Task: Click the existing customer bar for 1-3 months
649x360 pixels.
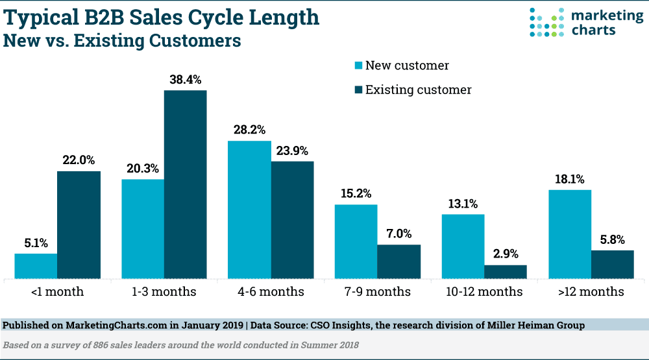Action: tap(185, 185)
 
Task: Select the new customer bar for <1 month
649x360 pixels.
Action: tap(36, 267)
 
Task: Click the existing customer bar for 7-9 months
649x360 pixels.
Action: tap(398, 262)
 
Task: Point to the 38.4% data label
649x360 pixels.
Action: tap(185, 80)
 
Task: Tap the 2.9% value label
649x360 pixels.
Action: tap(506, 254)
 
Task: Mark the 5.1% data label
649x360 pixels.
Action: tap(36, 243)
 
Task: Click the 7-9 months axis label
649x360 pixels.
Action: tap(378, 292)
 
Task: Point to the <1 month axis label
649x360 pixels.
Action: tap(57, 292)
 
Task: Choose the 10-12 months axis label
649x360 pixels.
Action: tap(484, 292)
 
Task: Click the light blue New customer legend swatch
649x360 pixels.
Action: tap(357, 66)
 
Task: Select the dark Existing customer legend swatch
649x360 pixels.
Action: tap(357, 90)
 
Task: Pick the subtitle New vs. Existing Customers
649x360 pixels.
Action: tap(123, 41)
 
